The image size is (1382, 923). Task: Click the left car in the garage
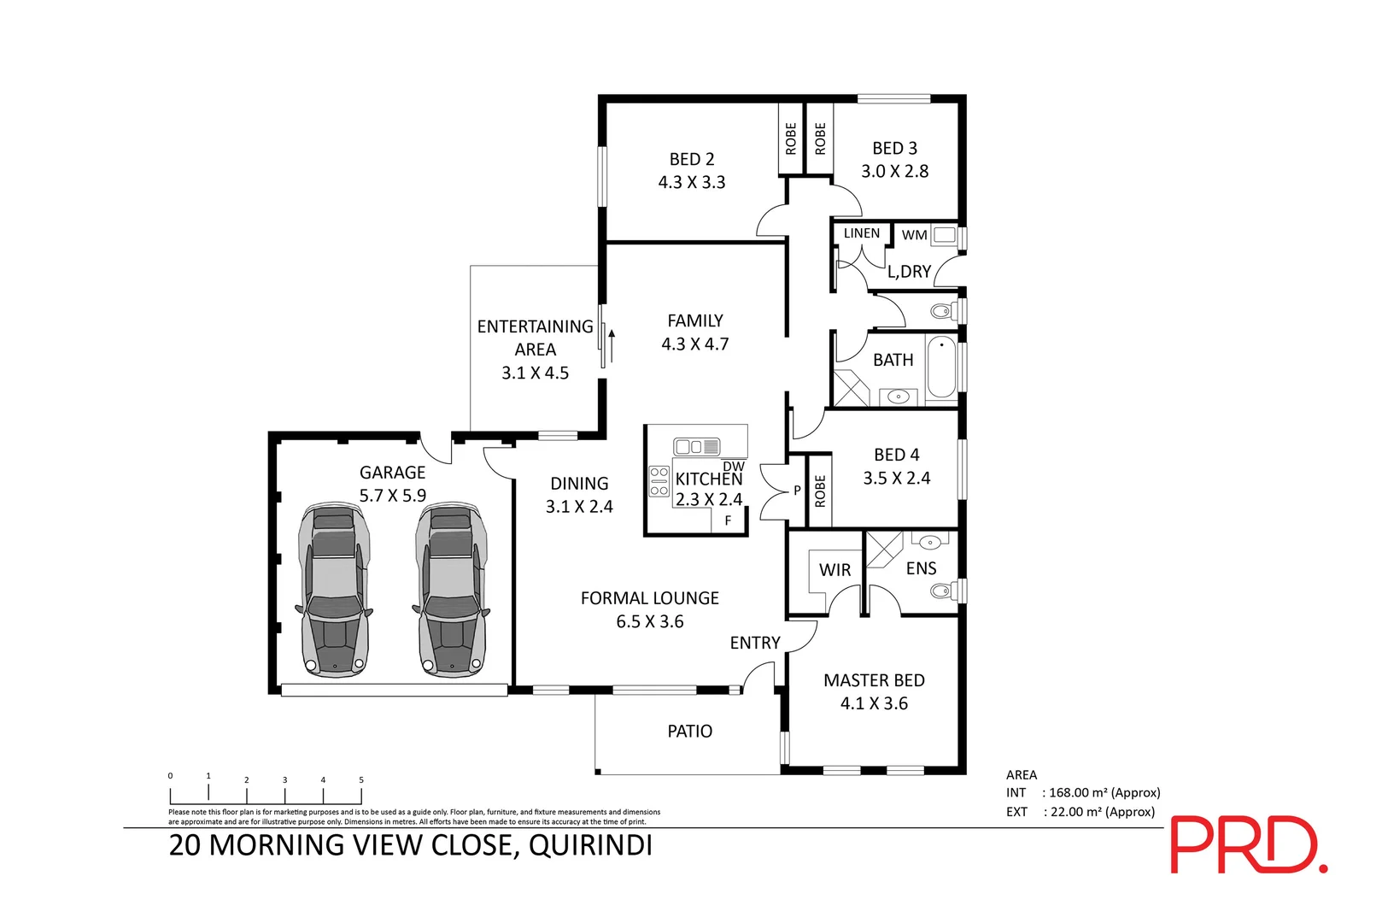(335, 590)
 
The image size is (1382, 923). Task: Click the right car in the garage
(452, 590)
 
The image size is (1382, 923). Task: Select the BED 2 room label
(692, 160)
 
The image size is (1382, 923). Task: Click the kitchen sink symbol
(696, 446)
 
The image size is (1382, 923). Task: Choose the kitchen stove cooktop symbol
(659, 481)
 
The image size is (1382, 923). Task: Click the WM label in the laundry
(914, 235)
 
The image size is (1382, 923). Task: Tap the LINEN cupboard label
(861, 233)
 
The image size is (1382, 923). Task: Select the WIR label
(834, 570)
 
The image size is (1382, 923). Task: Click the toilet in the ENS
(943, 591)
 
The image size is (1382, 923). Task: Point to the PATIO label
(689, 732)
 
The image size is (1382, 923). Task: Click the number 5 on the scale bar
(361, 779)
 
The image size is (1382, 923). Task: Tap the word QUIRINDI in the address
(590, 845)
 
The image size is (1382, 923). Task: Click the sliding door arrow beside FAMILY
(612, 346)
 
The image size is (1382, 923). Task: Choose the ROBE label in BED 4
(820, 491)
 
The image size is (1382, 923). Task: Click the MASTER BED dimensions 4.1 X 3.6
(874, 703)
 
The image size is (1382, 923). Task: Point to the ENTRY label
(755, 643)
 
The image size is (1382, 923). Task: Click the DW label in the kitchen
(734, 466)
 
